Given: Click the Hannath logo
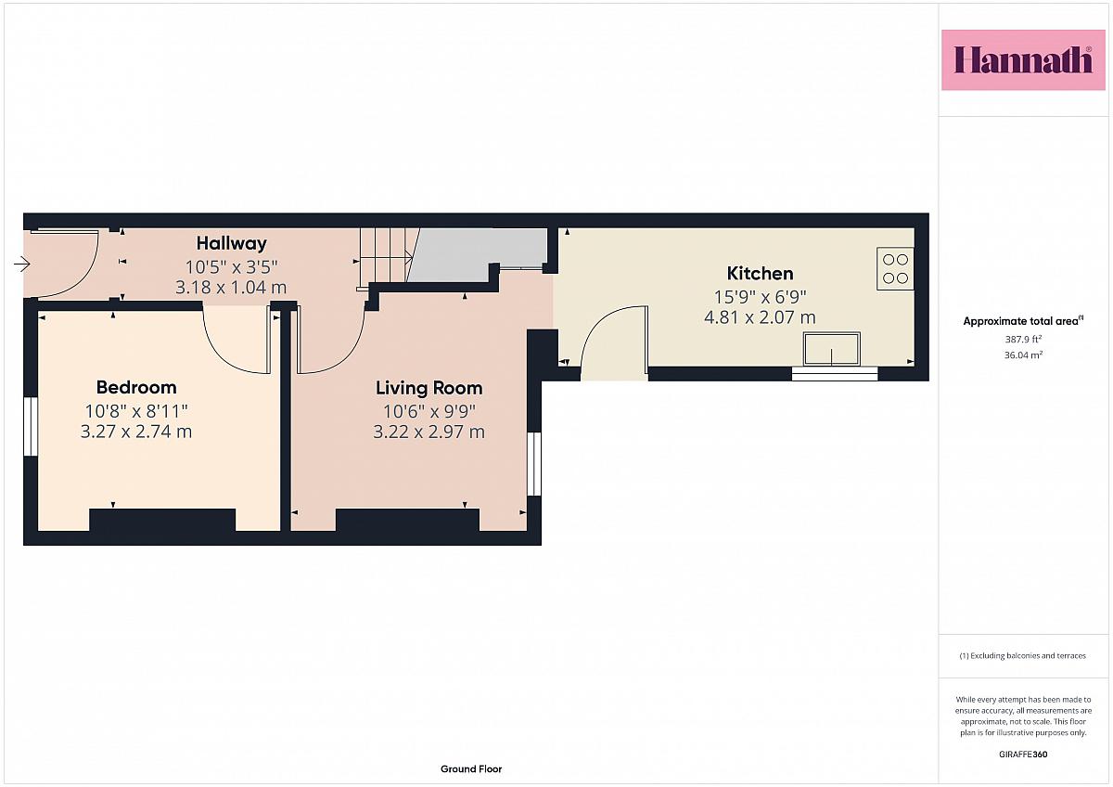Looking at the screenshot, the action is (x=1024, y=60).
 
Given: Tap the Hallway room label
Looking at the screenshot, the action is (x=232, y=243).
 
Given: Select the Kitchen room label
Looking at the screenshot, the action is (x=760, y=274).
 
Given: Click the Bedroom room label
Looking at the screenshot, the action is (x=136, y=387).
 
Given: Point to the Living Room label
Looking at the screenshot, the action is (x=429, y=388).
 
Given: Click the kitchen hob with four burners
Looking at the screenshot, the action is (x=895, y=268).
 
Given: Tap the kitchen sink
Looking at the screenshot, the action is (x=832, y=349).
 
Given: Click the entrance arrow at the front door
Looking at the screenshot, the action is (x=22, y=264).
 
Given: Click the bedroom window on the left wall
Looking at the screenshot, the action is (x=31, y=427).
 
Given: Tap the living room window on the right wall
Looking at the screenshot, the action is (x=534, y=464).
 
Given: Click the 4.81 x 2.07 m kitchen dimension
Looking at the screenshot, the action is (x=760, y=317).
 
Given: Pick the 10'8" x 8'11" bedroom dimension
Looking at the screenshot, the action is (x=136, y=411).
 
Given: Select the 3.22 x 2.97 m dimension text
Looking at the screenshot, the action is (x=429, y=432).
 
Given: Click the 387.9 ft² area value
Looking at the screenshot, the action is (x=1023, y=339).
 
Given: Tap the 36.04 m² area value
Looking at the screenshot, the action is (x=1023, y=355).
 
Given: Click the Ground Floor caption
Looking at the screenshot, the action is (x=471, y=769).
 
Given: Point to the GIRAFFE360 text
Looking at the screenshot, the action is (x=1023, y=755).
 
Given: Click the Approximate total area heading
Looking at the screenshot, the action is (x=1023, y=321).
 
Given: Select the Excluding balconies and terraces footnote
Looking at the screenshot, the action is (x=1022, y=656).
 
